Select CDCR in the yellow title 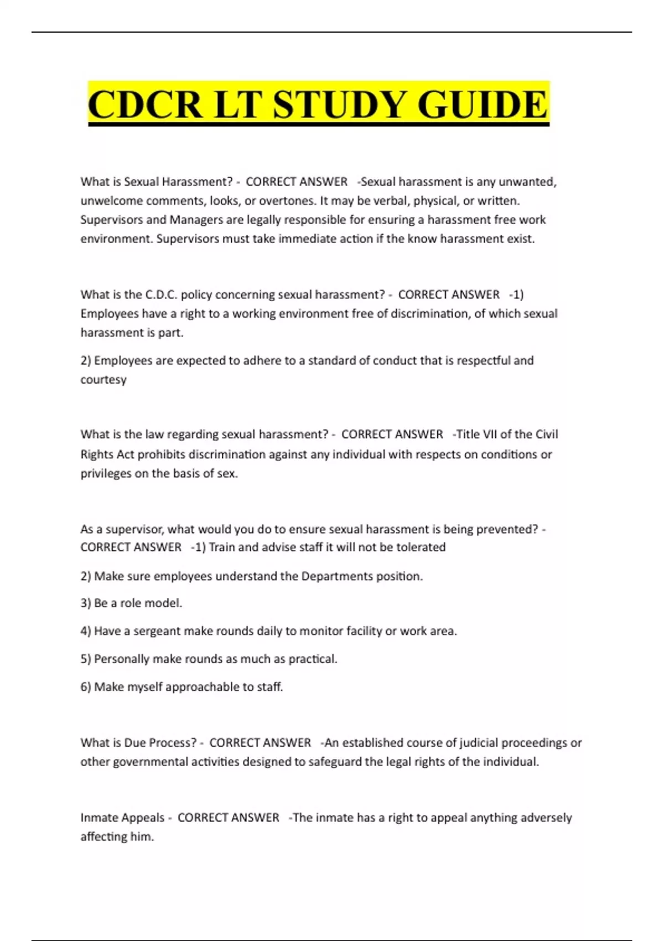point(145,105)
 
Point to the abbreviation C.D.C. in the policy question point(161,294)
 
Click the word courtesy point(103,380)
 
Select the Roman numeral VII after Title point(490,435)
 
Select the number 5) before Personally point(86,659)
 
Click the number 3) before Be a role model point(86,603)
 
